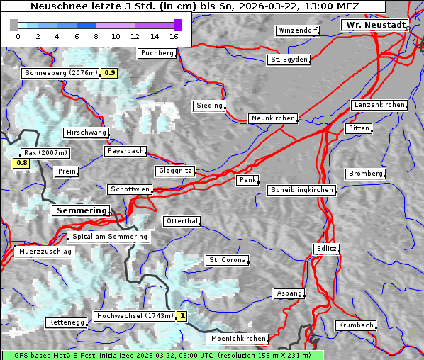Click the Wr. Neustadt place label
pyautogui.click(x=374, y=25)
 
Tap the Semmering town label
pyautogui.click(x=81, y=210)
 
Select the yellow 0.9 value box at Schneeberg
pyautogui.click(x=110, y=73)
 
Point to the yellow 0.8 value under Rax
pyautogui.click(x=22, y=163)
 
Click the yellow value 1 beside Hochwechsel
pyautogui.click(x=182, y=316)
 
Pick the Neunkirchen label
pyautogui.click(x=272, y=118)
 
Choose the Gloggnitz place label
pyautogui.click(x=174, y=171)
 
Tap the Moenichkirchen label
pyautogui.click(x=239, y=339)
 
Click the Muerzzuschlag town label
pyautogui.click(x=44, y=252)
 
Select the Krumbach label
pyautogui.click(x=355, y=325)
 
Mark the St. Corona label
pyautogui.click(x=227, y=260)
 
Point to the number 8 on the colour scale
pyautogui.click(x=96, y=36)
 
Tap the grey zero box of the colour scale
pyautogui.click(x=14, y=26)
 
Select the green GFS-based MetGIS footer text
pyautogui.click(x=162, y=355)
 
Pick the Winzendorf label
pyautogui.click(x=298, y=31)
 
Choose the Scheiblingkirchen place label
pyautogui.click(x=301, y=190)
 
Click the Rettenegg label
pyautogui.click(x=67, y=322)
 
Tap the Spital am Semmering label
pyautogui.click(x=109, y=237)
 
